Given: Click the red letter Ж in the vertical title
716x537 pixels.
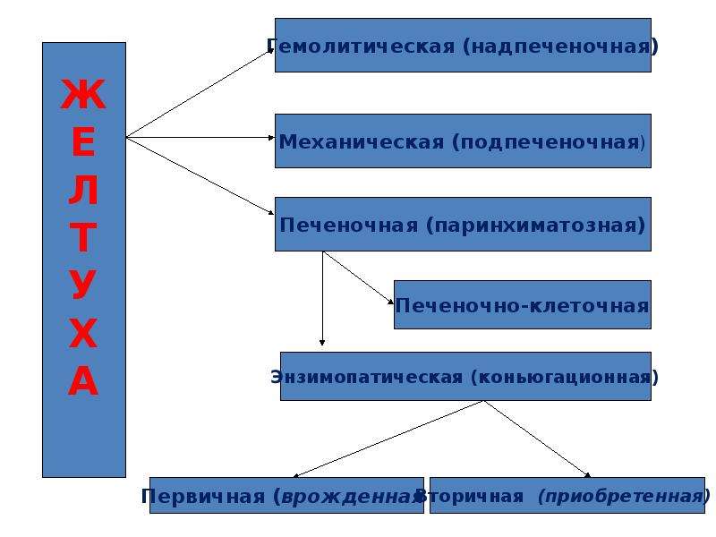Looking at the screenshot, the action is point(83,94).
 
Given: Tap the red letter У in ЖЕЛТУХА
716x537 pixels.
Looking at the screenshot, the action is point(83,284).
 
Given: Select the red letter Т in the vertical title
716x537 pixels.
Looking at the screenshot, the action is point(83,237).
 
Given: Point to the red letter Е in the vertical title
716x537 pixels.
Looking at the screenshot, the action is point(83,141).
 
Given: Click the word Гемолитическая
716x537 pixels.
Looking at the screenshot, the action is point(361,47).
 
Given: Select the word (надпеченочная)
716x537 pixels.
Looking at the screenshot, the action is point(561,47).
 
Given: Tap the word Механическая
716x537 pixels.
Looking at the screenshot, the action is point(362,141).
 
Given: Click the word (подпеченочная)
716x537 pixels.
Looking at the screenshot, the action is point(549,142).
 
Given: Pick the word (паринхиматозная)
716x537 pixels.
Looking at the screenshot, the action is point(535,226).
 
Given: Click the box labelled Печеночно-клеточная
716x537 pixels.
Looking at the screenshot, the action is point(523,304).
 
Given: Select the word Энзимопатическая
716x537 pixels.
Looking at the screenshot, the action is point(367,377).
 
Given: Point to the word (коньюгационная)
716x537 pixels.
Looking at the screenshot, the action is point(565,377).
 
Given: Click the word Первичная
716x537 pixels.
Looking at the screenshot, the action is point(203,496).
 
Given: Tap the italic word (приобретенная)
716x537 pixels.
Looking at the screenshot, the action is point(624,496).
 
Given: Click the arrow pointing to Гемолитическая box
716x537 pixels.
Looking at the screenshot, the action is point(200,94).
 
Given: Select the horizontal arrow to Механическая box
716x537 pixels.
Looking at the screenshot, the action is point(200,137).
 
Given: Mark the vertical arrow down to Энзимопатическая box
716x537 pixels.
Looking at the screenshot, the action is point(322,298).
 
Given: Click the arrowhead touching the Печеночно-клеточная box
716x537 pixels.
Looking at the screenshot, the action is point(390,302).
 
